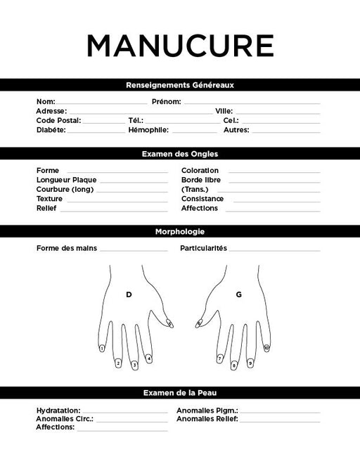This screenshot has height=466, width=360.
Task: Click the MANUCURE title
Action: click(x=180, y=46)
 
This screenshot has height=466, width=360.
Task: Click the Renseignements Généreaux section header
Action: click(x=180, y=85)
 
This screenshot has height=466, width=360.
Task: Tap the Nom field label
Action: click(x=46, y=102)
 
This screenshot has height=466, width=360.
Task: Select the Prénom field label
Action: click(x=167, y=102)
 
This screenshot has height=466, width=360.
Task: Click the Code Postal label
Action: click(x=58, y=120)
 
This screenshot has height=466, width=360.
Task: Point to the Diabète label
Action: click(x=51, y=130)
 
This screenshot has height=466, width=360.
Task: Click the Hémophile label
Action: click(x=148, y=130)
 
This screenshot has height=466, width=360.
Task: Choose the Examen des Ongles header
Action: click(x=180, y=153)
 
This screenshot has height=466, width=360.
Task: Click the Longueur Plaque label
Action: click(x=67, y=180)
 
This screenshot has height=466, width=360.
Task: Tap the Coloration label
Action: click(x=200, y=170)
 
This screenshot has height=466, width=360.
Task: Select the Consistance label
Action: click(x=202, y=199)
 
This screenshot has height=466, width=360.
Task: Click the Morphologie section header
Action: click(x=180, y=231)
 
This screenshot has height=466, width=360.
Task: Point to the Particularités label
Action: click(x=203, y=248)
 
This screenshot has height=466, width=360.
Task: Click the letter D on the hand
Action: click(x=129, y=295)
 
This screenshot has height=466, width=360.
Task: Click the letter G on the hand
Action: click(x=238, y=295)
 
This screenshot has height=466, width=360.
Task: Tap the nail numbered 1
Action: click(x=103, y=348)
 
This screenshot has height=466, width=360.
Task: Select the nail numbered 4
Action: click(x=149, y=358)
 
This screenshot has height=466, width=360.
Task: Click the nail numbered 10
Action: click(x=266, y=348)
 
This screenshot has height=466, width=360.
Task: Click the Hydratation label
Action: click(x=58, y=410)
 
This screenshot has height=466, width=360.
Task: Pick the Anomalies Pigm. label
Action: click(x=207, y=410)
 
